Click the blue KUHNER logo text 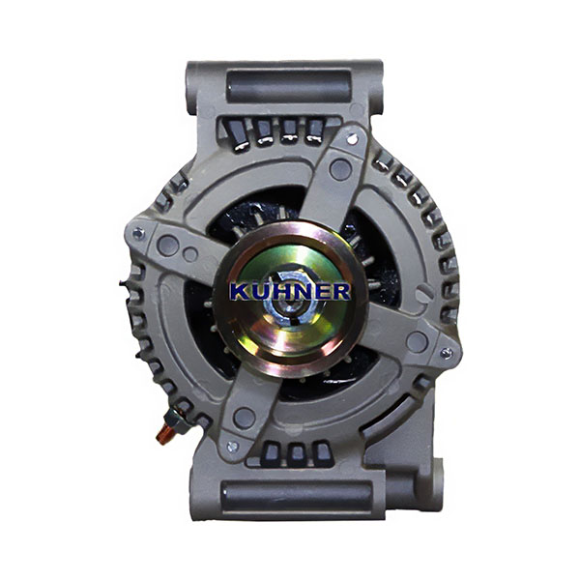290,291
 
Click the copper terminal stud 163,434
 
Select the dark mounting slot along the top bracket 288,86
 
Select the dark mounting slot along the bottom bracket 297,497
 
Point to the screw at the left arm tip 138,233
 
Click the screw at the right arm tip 447,353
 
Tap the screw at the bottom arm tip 233,447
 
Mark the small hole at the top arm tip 352,139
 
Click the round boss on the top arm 340,169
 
